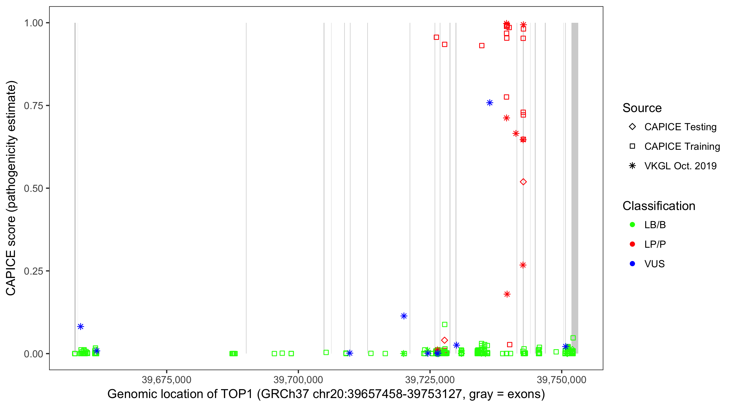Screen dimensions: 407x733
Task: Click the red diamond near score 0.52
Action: [x=523, y=182]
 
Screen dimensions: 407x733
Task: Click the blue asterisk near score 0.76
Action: [x=489, y=103]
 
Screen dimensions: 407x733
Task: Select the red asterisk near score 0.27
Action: [x=523, y=265]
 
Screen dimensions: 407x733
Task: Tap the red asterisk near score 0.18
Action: [x=507, y=294]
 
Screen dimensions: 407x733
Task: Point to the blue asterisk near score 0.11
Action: [x=403, y=316]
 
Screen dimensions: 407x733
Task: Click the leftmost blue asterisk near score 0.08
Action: [x=81, y=326]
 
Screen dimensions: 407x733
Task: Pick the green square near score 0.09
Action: [x=444, y=325]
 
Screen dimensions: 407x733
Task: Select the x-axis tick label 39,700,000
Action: [x=298, y=380]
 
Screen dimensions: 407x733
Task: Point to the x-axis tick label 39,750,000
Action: [x=561, y=380]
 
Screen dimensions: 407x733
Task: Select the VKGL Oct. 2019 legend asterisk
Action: [x=632, y=166]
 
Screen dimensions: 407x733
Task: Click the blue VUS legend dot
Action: [x=632, y=264]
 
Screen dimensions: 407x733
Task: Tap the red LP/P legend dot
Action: [x=632, y=244]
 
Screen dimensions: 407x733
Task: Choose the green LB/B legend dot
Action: [x=632, y=225]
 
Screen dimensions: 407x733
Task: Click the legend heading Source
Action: [x=642, y=108]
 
